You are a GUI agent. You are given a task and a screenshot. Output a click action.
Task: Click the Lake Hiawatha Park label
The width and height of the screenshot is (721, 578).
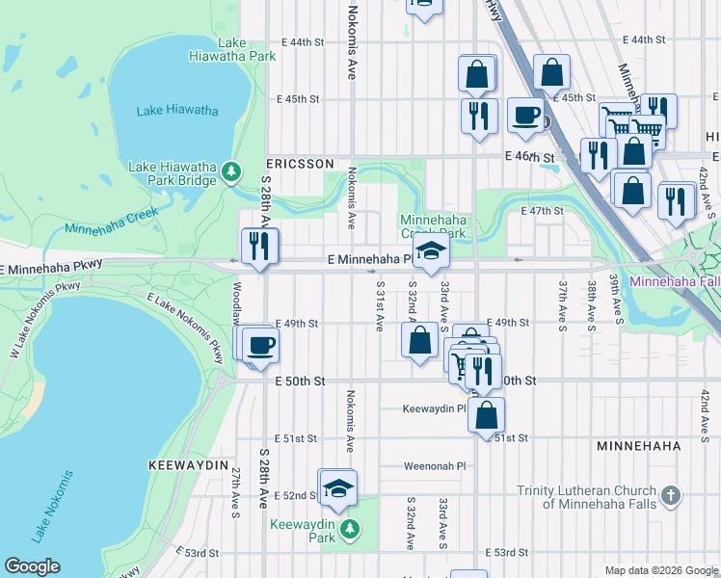click(x=247, y=49)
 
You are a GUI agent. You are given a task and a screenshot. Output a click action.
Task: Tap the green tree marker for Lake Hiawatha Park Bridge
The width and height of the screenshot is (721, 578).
click(x=230, y=171)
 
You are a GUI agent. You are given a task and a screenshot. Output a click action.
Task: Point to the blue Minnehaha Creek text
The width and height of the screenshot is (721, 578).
click(x=111, y=228)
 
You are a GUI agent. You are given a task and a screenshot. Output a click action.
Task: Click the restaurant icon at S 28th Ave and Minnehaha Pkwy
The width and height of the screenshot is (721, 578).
click(x=259, y=245)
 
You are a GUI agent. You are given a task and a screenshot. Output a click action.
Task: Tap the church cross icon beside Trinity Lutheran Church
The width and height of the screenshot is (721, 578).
click(x=671, y=496)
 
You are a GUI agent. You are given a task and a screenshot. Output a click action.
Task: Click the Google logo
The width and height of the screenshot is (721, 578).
click(x=32, y=566)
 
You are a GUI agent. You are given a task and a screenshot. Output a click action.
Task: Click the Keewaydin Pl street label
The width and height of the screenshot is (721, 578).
click(x=435, y=408)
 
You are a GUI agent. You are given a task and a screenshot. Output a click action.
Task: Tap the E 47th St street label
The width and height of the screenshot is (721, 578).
click(x=541, y=210)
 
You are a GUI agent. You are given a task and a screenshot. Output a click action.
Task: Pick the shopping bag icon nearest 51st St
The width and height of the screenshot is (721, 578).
click(x=487, y=414)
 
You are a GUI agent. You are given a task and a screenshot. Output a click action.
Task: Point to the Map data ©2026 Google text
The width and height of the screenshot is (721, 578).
click(x=661, y=570)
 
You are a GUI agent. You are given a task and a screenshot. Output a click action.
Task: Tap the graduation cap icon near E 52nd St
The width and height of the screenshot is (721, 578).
click(x=338, y=487)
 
